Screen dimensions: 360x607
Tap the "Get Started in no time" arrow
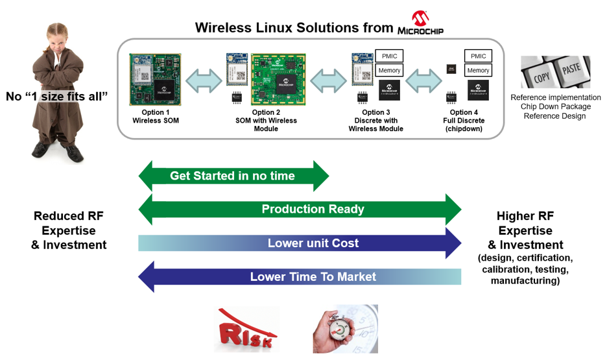point(233,176)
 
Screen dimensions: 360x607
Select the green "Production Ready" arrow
point(300,209)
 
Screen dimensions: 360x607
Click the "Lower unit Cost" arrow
point(300,243)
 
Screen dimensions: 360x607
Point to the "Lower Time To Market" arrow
point(300,277)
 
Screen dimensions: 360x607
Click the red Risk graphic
point(246,329)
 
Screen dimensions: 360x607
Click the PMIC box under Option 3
point(389,56)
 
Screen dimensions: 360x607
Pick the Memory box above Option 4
point(478,70)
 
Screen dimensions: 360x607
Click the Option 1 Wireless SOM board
point(155,79)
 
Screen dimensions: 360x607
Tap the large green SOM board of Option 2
point(278,80)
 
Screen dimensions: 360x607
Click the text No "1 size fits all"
point(56,97)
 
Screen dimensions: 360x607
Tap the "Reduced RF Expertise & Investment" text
point(69,230)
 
